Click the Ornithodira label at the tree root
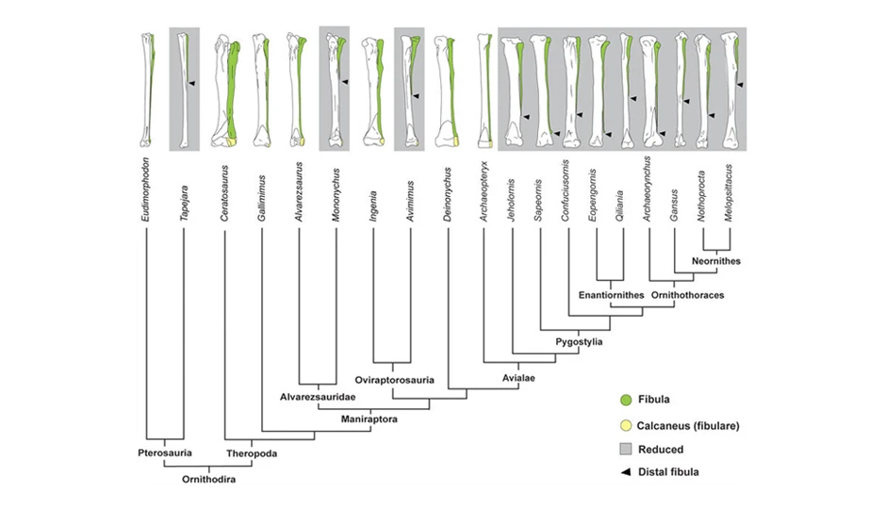pos(209,480)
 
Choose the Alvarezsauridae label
pos(315,398)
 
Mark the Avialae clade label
pos(518,379)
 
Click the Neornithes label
pos(715,260)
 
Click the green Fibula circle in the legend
pos(627,399)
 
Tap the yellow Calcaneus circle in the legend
pos(627,425)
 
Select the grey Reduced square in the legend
pos(627,451)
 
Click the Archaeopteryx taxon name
pos(484,193)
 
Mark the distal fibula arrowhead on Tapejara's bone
pos(190,84)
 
